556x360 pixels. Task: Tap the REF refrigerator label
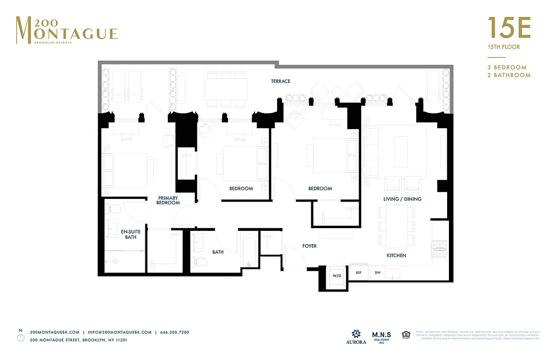coord(359,273)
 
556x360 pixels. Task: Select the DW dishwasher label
coord(377,273)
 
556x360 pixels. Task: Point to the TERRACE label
coord(280,81)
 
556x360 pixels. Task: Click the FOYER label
coord(309,246)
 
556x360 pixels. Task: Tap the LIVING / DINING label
coord(402,199)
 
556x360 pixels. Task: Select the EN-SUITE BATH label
coord(131,234)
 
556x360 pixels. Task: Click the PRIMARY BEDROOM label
coord(168,200)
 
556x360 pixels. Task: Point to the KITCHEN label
coord(396,256)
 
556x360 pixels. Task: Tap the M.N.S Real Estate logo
coord(381,337)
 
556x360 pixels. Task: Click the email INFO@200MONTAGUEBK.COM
coord(120,332)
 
